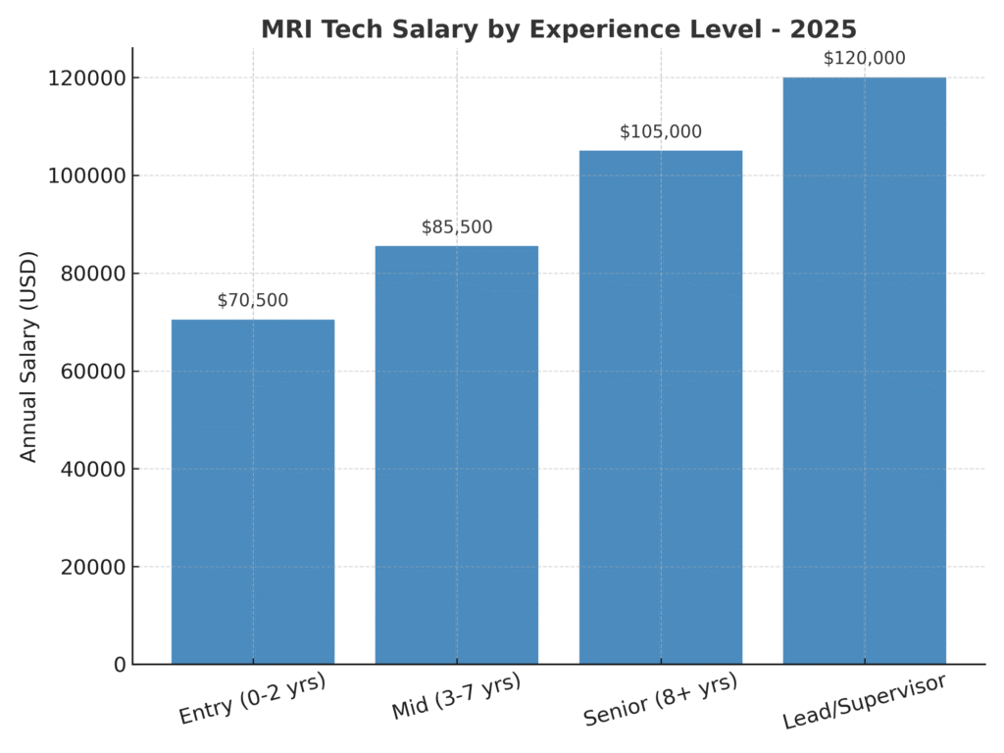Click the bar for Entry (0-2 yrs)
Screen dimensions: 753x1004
pos(252,491)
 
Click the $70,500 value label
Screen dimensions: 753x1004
pos(253,301)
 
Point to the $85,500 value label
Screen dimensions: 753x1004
pos(457,227)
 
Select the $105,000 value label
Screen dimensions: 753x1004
pos(661,132)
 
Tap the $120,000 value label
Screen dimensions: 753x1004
pos(864,59)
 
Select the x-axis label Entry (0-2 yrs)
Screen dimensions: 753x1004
pos(252,699)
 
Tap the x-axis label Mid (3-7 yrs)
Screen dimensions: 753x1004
pos(456,696)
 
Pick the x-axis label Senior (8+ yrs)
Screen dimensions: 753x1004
pos(660,700)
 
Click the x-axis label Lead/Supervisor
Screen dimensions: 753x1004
pos(865,702)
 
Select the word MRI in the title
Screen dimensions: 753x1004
pos(286,29)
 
